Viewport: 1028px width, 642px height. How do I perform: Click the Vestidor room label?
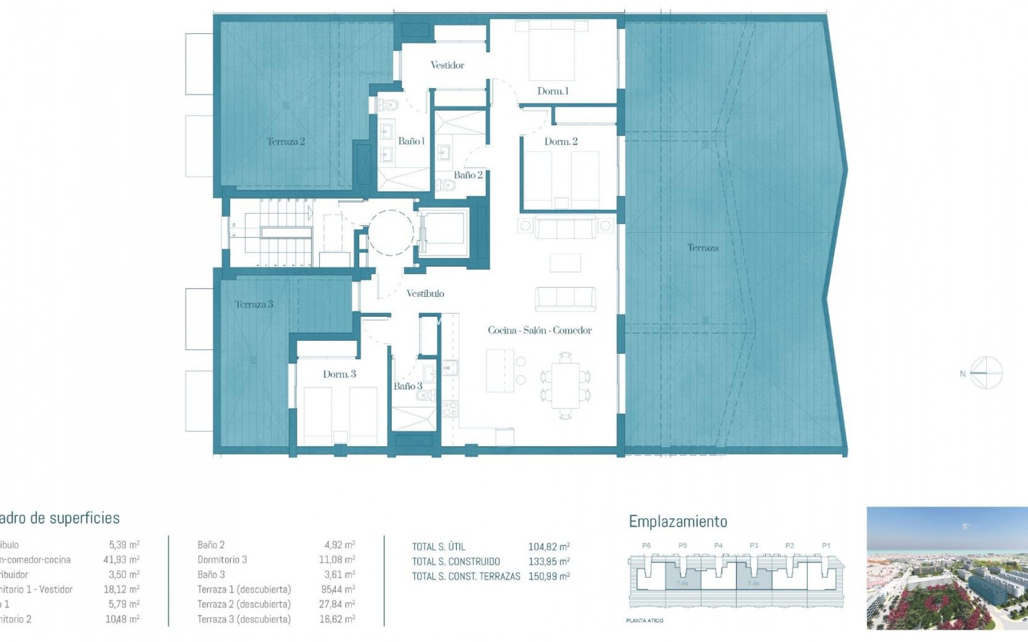(x=447, y=65)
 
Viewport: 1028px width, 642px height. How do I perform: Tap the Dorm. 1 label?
(x=553, y=91)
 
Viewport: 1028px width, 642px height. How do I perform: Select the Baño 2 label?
(x=468, y=175)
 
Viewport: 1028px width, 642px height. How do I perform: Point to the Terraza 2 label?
(x=285, y=142)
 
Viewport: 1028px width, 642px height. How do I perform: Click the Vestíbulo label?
(x=425, y=294)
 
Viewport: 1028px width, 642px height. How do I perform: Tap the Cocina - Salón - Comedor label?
(x=540, y=331)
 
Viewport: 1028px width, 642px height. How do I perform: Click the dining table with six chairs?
(x=565, y=386)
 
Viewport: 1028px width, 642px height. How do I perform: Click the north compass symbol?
(x=986, y=373)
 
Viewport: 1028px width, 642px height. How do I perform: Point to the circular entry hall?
(x=390, y=232)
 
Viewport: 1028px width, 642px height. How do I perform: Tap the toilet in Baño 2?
(x=445, y=186)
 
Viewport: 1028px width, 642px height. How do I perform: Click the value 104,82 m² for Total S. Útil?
(x=549, y=547)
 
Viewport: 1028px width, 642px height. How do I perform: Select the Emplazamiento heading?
(x=678, y=522)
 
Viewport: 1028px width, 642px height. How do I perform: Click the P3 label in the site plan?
(x=754, y=546)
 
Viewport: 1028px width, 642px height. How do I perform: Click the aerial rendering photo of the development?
(x=947, y=568)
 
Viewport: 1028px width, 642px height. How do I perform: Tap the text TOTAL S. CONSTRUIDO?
(x=456, y=562)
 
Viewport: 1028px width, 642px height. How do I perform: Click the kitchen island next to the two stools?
(x=500, y=371)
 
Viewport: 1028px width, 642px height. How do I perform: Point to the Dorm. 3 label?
(x=339, y=374)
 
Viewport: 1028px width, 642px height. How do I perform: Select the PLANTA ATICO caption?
(x=645, y=621)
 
